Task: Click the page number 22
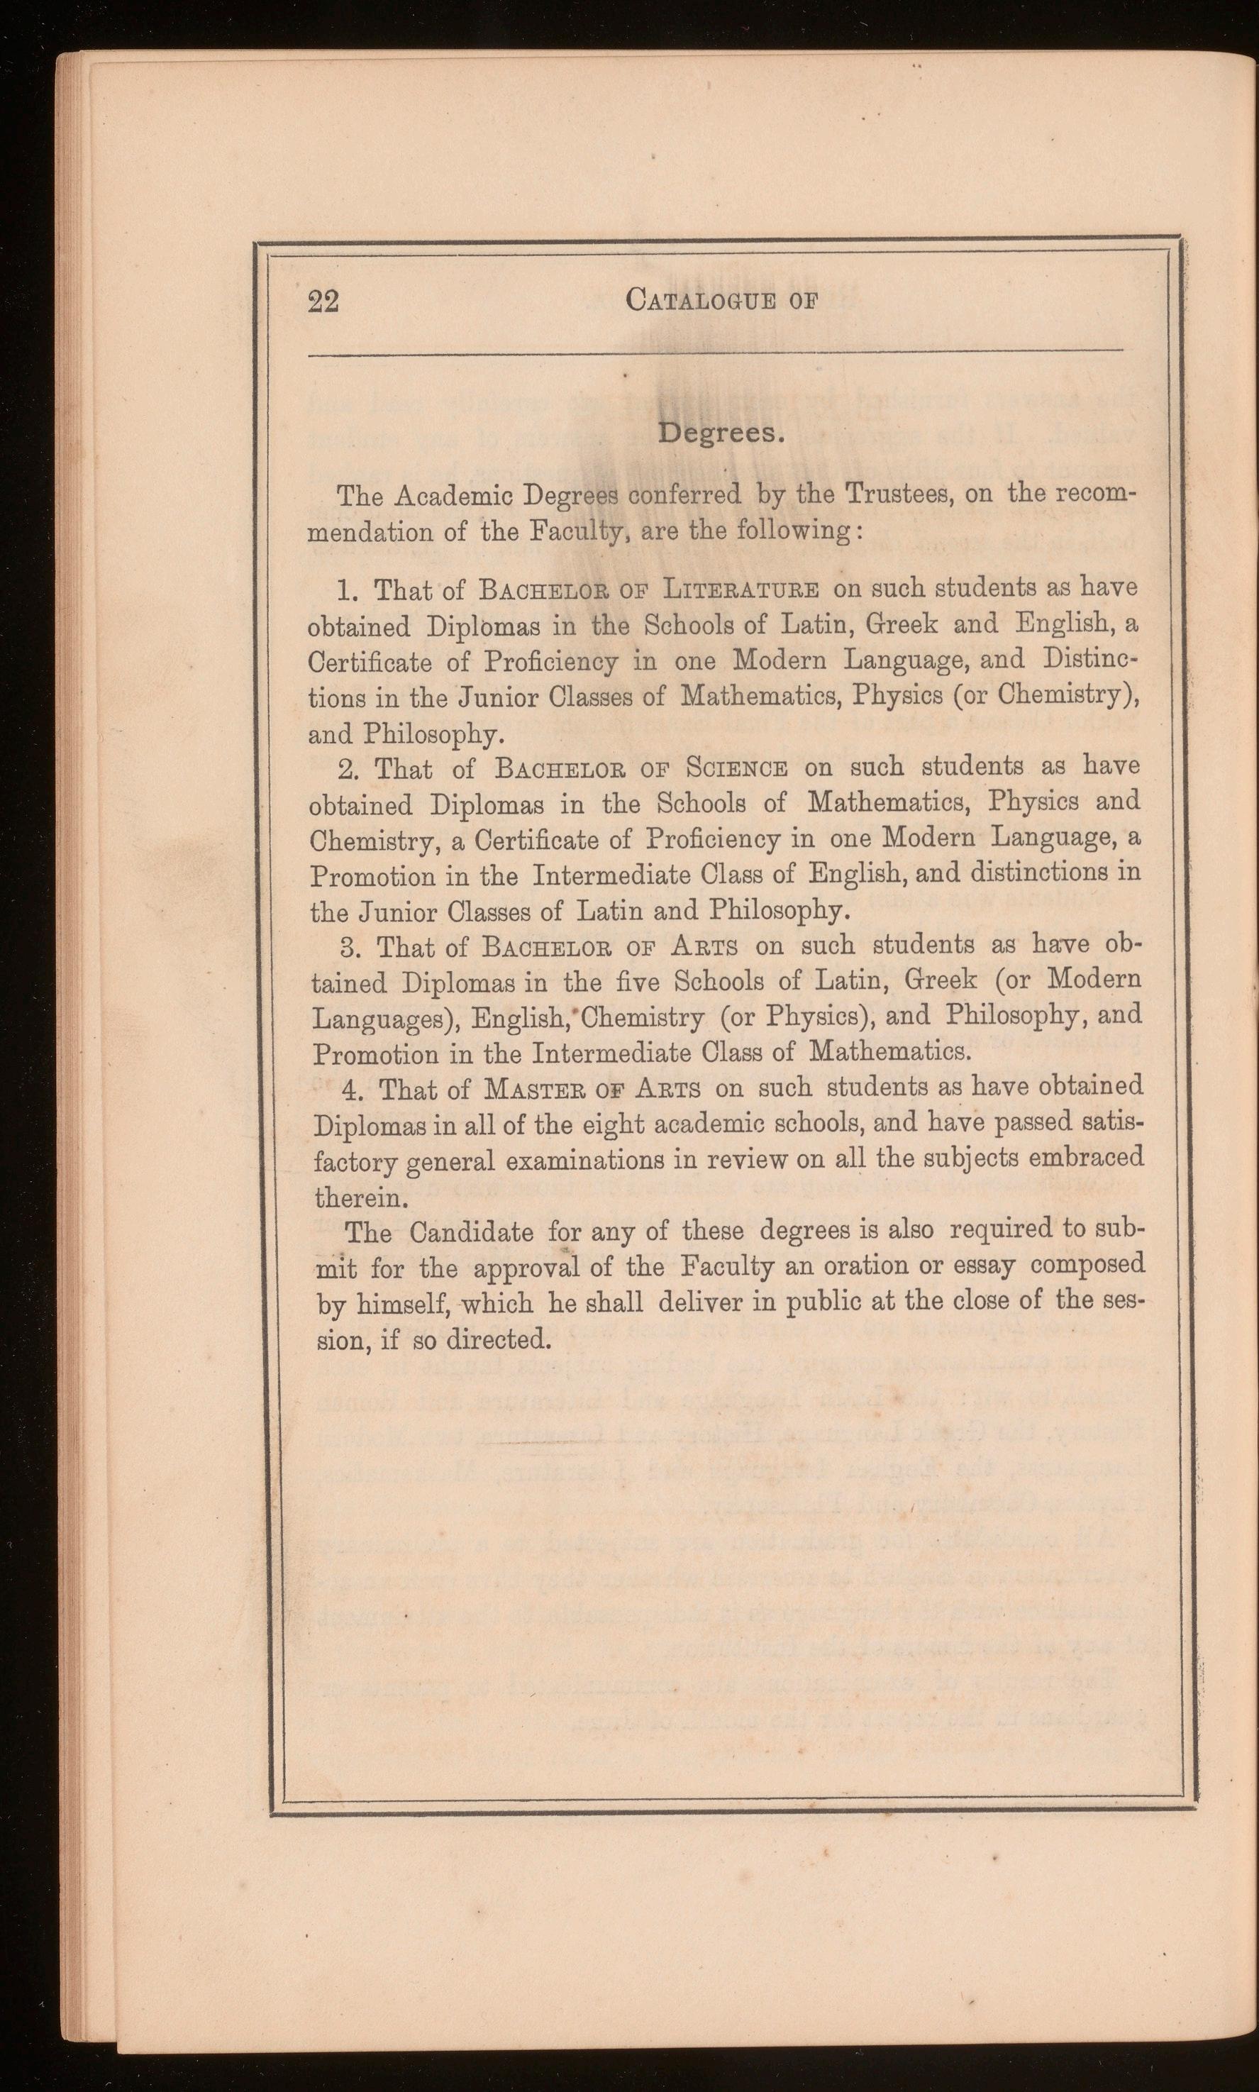323,301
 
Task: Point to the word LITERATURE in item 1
741,589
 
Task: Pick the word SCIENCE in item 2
737,768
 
